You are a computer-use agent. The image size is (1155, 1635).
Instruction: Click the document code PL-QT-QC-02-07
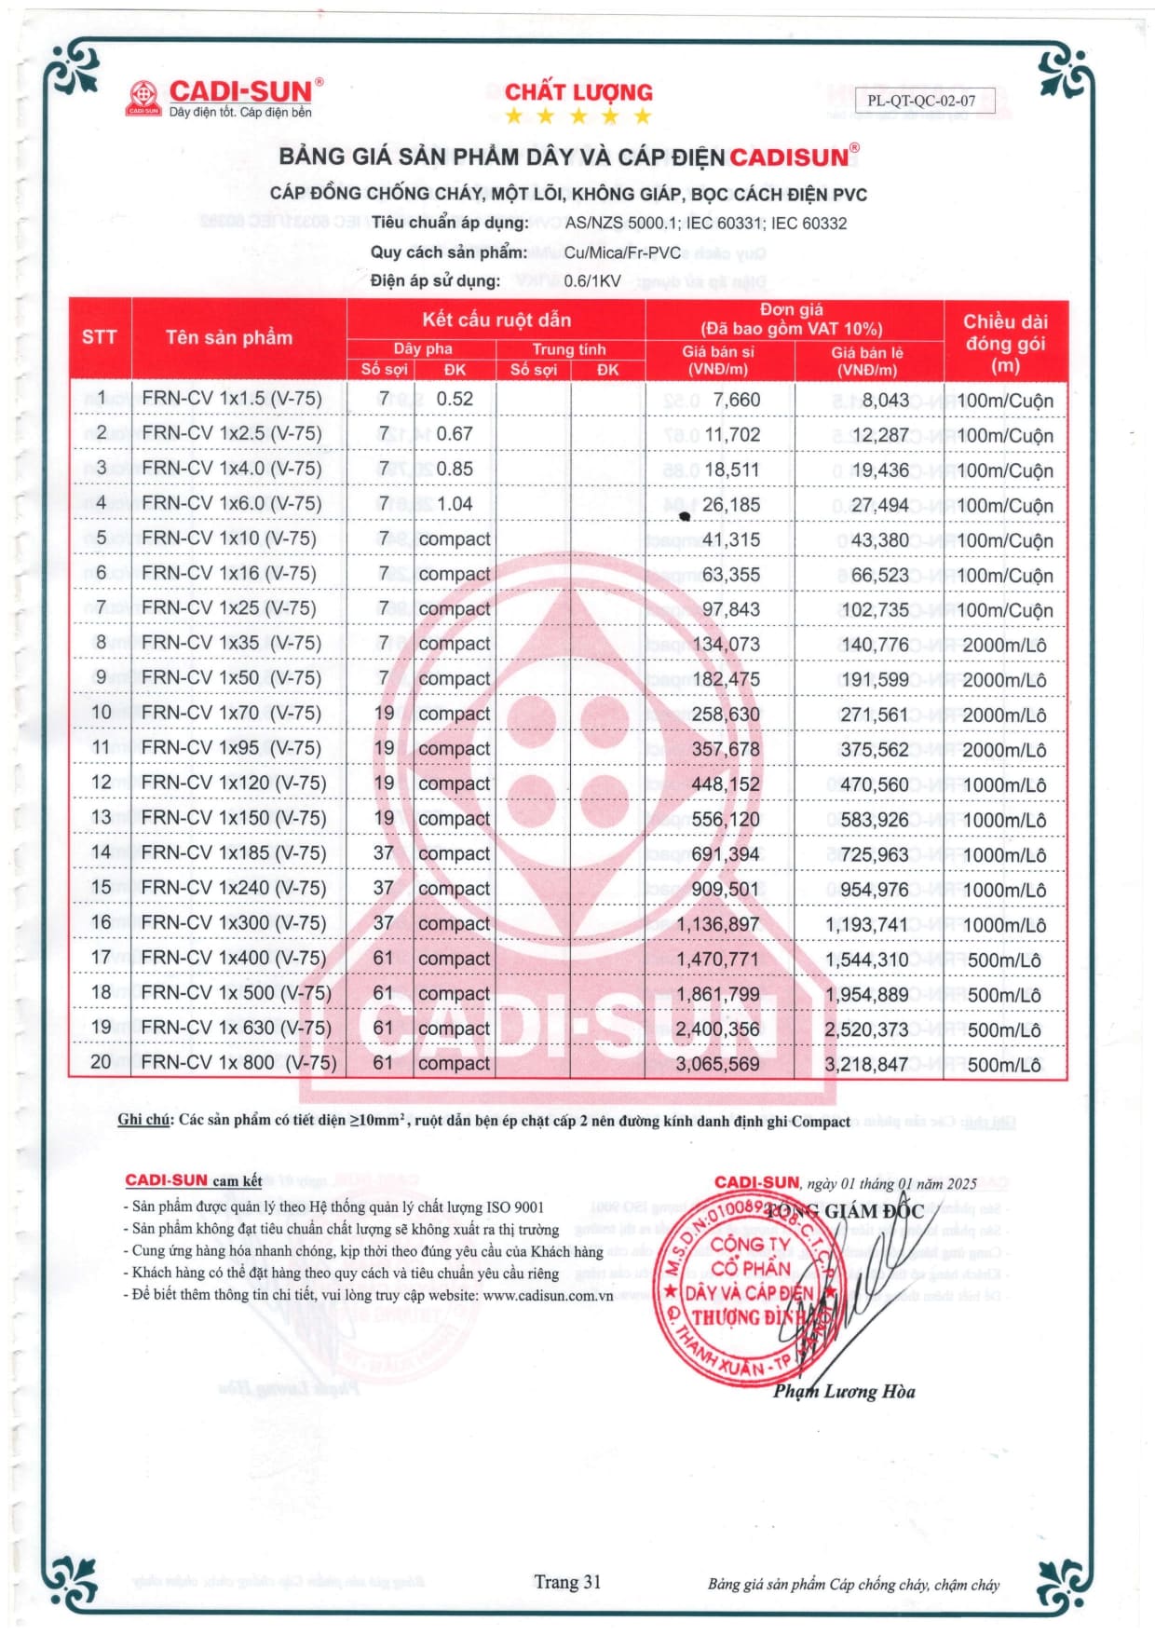[924, 101]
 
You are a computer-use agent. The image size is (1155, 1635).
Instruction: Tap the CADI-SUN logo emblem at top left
[143, 98]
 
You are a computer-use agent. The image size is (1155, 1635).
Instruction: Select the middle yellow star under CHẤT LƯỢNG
[578, 116]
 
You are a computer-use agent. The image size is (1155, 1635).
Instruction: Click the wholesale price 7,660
[737, 400]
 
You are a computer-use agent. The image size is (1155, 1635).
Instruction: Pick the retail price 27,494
[879, 505]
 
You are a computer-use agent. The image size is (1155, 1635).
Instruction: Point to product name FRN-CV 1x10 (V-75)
[229, 538]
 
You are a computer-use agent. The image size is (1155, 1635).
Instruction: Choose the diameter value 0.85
[455, 469]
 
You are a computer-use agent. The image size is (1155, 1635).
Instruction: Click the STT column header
[100, 337]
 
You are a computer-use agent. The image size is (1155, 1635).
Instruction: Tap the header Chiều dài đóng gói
[1005, 343]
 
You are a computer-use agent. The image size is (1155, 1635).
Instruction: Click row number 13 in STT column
[101, 818]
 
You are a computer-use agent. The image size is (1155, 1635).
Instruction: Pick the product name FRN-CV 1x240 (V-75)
[234, 888]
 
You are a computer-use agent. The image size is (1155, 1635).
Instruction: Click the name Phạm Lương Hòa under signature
[844, 1391]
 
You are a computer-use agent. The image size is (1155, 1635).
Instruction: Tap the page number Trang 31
[567, 1581]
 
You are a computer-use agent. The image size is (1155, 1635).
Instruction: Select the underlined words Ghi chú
[143, 1120]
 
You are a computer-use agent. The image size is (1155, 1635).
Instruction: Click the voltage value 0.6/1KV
[592, 280]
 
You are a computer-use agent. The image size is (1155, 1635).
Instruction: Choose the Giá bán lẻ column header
[867, 360]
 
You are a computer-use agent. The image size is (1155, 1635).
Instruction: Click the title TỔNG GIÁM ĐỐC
[852, 1211]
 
